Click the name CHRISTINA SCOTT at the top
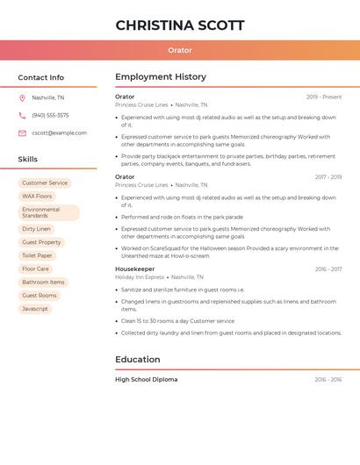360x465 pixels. coord(180,25)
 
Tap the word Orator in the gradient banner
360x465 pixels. coord(180,51)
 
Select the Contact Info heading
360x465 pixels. coord(40,77)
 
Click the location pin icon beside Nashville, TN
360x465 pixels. coord(22,98)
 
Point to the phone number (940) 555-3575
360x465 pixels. coord(50,116)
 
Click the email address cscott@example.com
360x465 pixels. coord(59,133)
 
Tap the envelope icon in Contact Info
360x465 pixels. coord(22,133)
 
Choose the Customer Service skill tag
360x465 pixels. coord(45,183)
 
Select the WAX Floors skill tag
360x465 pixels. coord(37,197)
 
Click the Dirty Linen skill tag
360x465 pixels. coord(36,229)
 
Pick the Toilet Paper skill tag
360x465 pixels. coord(37,255)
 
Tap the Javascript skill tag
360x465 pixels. coord(35,309)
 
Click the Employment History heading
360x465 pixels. coord(161,77)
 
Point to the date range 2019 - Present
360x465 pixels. coord(324,97)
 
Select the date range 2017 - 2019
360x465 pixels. coord(328,177)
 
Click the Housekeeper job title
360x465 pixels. coord(134,269)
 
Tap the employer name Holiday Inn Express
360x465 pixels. coord(140,277)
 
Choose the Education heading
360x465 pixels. coord(138,360)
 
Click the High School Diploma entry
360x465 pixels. coord(146,380)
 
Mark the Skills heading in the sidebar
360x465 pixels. coord(28,160)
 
